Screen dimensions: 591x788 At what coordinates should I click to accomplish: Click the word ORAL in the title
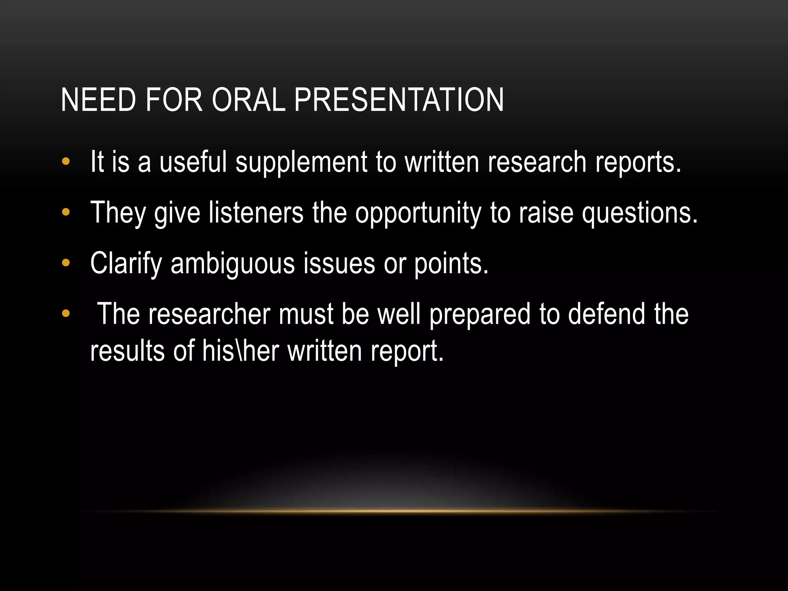tap(249, 100)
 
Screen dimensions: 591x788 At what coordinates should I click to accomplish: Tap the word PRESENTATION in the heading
tap(399, 100)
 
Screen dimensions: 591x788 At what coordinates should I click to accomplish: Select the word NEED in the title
tap(98, 100)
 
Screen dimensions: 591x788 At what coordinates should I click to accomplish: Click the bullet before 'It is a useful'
tap(66, 162)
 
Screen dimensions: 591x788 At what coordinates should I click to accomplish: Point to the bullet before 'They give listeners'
tap(66, 212)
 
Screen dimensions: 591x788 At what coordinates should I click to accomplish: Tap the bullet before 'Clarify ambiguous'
tap(66, 263)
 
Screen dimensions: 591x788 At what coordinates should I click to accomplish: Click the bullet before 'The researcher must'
tap(66, 314)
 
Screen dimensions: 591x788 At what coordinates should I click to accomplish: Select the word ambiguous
tap(232, 264)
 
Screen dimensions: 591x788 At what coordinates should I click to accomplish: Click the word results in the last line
tap(127, 351)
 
